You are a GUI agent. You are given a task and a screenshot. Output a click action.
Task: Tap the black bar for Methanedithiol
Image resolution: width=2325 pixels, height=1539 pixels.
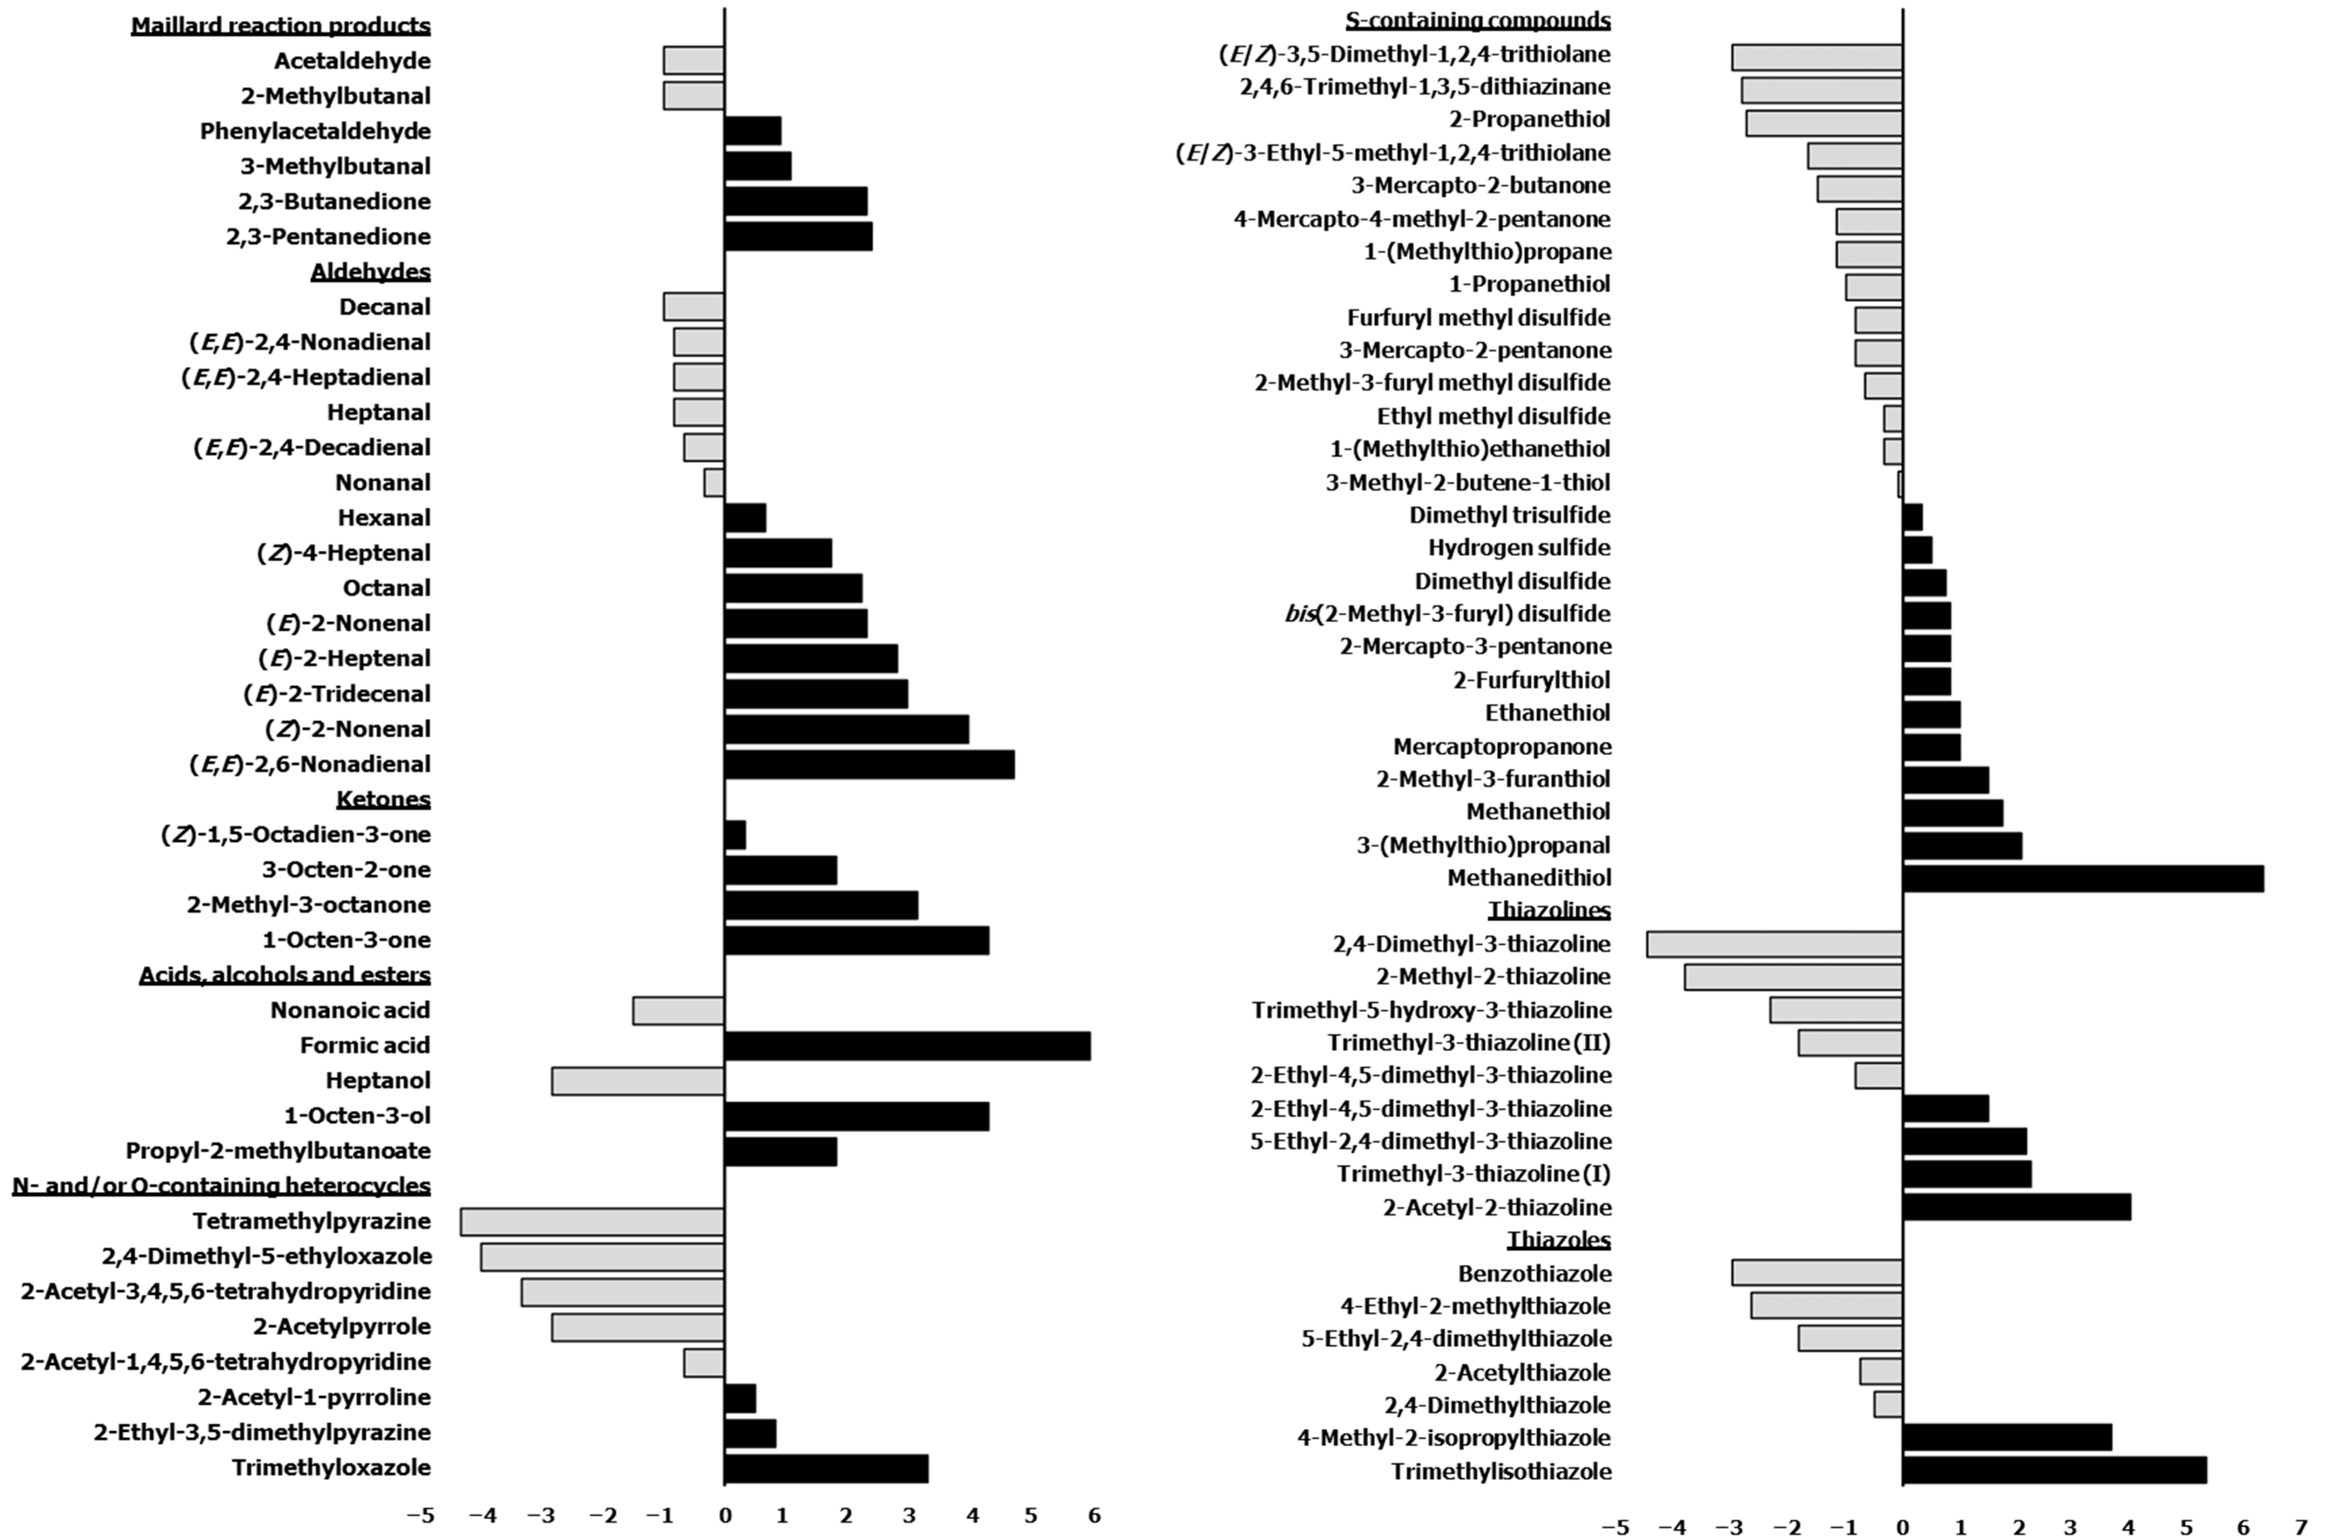2083,879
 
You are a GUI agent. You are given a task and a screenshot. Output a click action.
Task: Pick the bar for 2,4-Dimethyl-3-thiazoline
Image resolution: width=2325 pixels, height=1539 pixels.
1774,944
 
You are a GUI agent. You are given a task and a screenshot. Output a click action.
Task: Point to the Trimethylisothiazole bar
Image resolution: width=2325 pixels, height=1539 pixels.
2054,1470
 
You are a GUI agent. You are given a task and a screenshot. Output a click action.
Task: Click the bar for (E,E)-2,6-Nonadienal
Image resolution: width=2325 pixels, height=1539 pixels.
868,764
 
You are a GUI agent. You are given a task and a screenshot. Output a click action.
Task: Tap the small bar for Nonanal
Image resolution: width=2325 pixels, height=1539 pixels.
713,483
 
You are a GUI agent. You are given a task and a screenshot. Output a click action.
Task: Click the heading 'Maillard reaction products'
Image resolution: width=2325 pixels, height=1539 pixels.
281,26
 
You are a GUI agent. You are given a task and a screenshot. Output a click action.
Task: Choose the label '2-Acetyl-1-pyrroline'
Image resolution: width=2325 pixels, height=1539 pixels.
314,1397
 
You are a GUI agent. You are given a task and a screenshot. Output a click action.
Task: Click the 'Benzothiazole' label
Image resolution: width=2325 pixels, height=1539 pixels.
1534,1274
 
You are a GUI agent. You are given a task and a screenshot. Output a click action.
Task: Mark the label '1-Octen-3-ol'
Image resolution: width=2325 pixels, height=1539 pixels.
357,1116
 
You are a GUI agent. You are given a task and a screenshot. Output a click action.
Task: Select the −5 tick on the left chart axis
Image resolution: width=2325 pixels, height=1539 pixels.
420,1515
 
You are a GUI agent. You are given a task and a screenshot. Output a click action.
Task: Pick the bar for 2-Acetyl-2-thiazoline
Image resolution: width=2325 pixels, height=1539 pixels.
2016,1207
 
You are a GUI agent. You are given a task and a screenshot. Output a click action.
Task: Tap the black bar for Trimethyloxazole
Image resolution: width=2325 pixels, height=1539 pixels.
825,1468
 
